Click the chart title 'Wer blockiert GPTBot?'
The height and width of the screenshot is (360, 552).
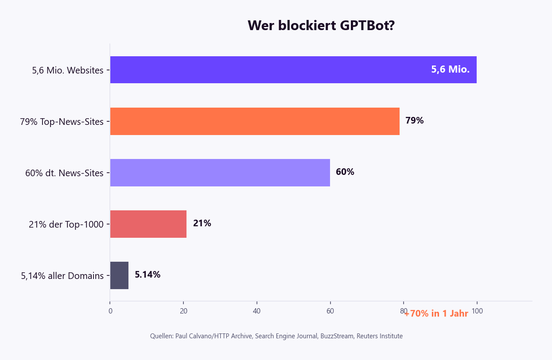click(x=321, y=26)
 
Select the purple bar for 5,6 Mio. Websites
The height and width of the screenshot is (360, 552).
click(x=266, y=70)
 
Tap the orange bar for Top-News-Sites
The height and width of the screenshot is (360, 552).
click(x=255, y=121)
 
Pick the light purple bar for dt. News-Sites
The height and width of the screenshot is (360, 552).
click(x=220, y=172)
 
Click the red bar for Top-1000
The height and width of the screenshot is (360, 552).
click(x=148, y=224)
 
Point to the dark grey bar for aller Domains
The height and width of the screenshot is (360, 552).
click(x=119, y=275)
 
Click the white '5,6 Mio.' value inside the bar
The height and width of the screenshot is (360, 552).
click(x=450, y=70)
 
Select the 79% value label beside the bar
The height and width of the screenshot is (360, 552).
click(x=414, y=120)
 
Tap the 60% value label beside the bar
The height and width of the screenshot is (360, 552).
click(x=345, y=172)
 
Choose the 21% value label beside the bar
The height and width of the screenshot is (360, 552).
click(x=202, y=223)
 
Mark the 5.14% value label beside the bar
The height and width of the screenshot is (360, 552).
click(x=148, y=275)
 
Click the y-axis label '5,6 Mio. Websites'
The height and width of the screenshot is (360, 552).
click(x=68, y=70)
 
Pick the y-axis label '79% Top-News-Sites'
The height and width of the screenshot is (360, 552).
click(x=62, y=122)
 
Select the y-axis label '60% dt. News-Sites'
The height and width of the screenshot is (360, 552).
click(x=64, y=173)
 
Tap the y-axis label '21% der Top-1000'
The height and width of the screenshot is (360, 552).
click(x=66, y=225)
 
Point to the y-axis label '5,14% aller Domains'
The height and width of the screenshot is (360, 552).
click(x=62, y=276)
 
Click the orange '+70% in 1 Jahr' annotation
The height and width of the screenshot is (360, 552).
click(x=436, y=314)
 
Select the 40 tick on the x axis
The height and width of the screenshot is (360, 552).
click(x=257, y=311)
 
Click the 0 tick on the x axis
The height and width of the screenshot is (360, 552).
click(x=110, y=311)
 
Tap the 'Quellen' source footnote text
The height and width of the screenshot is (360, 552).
click(x=276, y=336)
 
